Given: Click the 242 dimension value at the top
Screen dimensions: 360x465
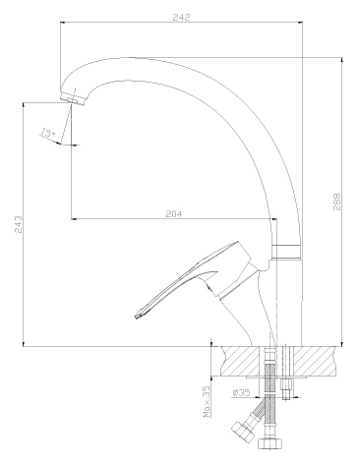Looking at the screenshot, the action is click(181, 17).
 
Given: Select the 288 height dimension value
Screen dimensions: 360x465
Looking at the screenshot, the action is click(337, 202).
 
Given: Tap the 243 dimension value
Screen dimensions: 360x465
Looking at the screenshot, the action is click(19, 224).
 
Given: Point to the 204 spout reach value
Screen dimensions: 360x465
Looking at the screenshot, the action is click(174, 213).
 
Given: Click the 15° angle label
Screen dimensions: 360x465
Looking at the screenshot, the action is click(47, 133).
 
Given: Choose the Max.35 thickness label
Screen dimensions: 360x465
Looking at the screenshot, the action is click(208, 401).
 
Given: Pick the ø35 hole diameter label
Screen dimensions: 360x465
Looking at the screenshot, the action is click(241, 392).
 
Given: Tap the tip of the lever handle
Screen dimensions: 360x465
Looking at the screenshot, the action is click(138, 316).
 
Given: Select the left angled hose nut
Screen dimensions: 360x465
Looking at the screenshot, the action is click(243, 432).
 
